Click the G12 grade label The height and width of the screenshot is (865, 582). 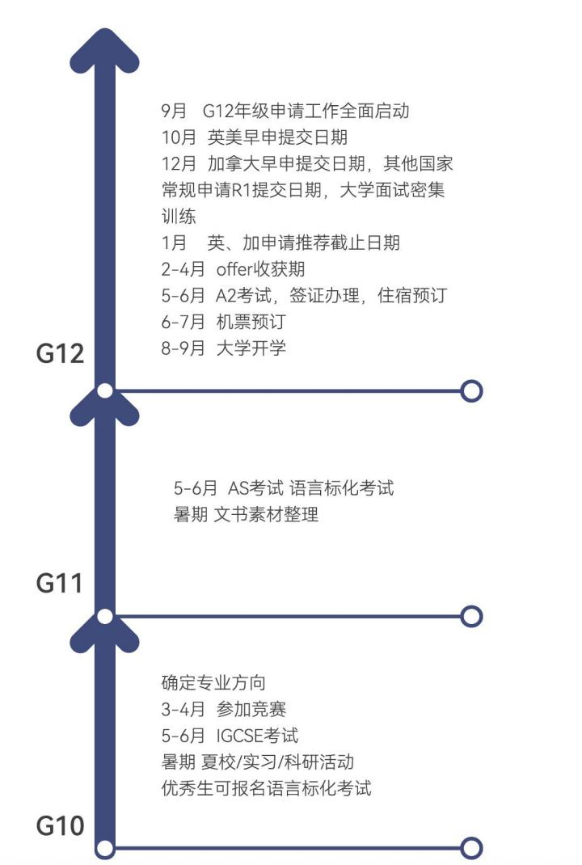tap(61, 354)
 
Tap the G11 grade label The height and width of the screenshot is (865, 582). tap(61, 582)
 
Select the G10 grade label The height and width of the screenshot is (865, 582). tap(61, 827)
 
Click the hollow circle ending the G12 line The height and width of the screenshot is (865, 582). tap(471, 391)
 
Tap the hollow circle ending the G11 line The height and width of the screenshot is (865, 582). tap(471, 617)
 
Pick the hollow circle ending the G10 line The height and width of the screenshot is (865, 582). tap(471, 848)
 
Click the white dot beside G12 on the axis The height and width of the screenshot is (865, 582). tap(104, 391)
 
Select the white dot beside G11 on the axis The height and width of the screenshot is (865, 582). tap(104, 617)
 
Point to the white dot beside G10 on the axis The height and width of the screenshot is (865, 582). tap(104, 848)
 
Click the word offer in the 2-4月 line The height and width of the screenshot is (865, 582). tap(235, 269)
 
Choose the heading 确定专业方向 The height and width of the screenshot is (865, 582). tap(213, 683)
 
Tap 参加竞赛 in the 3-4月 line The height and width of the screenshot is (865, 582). tap(251, 709)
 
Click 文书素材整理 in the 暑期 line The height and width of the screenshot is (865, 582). tap(266, 514)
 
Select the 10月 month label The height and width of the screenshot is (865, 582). tap(179, 137)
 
